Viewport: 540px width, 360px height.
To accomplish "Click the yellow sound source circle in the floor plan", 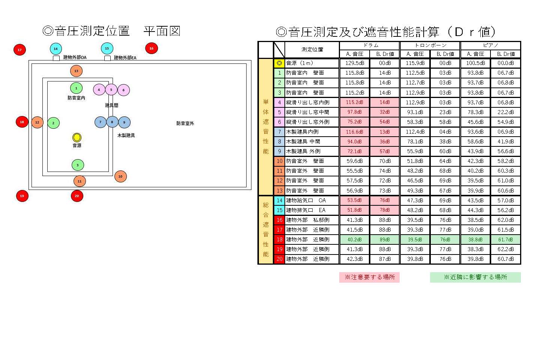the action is click(x=77, y=137).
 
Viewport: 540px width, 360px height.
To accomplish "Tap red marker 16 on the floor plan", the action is click(x=151, y=48).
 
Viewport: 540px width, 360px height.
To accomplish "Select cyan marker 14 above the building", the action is click(x=56, y=49).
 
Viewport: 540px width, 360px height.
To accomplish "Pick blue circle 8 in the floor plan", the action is click(x=112, y=122).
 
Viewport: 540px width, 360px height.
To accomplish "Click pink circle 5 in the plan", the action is click(x=111, y=90).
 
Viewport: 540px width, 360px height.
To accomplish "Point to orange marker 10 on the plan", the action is click(x=120, y=176).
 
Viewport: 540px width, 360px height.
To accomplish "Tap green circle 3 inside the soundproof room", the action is click(x=78, y=165).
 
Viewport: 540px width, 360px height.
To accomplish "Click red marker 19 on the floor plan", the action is click(x=22, y=196).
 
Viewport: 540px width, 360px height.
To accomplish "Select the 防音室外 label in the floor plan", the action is click(x=185, y=124).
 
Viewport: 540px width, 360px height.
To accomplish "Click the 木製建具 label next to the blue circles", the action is click(x=126, y=135).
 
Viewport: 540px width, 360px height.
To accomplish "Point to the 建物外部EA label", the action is click(x=125, y=58).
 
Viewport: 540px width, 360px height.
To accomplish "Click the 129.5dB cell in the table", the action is click(x=354, y=63).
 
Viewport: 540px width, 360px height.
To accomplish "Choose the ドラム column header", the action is click(x=370, y=45).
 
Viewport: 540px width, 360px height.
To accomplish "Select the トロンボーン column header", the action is click(x=430, y=45).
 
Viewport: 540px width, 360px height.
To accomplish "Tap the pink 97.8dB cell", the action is click(x=354, y=112).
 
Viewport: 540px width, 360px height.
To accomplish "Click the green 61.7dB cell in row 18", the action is click(x=505, y=239).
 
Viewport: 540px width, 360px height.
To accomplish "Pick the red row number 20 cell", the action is click(x=280, y=259).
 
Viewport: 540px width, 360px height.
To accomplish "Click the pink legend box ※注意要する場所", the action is click(x=369, y=277).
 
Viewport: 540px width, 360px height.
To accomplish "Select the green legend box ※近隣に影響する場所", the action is click(x=475, y=277).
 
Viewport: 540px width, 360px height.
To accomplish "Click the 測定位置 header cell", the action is click(x=312, y=50).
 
